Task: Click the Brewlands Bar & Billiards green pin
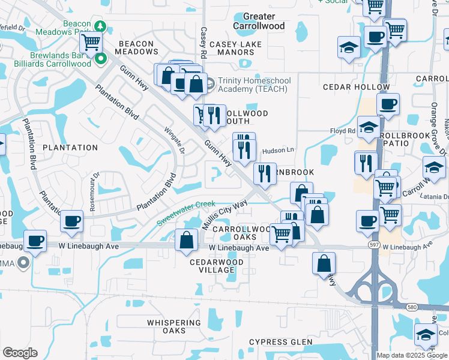tap(101, 59)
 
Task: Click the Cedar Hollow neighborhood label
tap(356, 87)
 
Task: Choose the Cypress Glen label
tap(281, 342)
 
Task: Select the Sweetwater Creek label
tap(186, 212)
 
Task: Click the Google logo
tap(20, 353)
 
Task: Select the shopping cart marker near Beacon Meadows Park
tap(91, 42)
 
